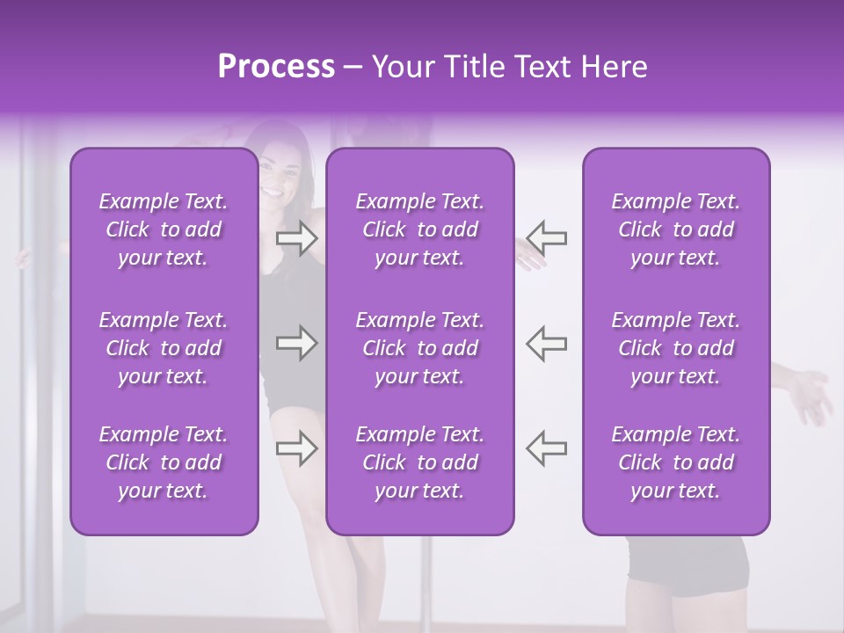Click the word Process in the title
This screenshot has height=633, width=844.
[276, 67]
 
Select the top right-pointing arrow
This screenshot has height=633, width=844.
[296, 238]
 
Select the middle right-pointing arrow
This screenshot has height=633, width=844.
[296, 343]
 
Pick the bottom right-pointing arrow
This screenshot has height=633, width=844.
[296, 448]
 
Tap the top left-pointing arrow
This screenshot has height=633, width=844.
[547, 237]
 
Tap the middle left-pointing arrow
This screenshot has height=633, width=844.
[547, 343]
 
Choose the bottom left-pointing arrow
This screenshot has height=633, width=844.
[547, 447]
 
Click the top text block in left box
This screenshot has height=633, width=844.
[164, 229]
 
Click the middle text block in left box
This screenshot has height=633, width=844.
[164, 348]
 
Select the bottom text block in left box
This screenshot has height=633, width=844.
[164, 462]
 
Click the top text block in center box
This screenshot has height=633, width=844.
[419, 229]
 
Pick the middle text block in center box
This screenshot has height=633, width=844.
[419, 348]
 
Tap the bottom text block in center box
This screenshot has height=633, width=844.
[419, 462]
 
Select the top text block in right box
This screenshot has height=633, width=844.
[675, 229]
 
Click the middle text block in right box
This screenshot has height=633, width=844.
[675, 348]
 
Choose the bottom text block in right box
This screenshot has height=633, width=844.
[675, 462]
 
